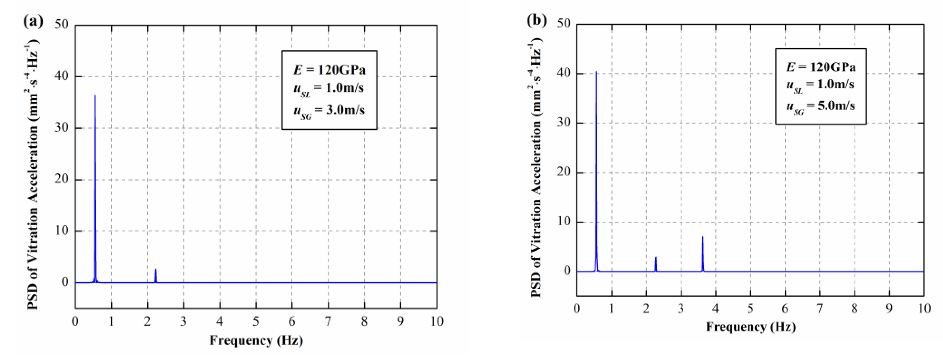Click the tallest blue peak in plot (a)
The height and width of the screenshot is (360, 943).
coord(95,96)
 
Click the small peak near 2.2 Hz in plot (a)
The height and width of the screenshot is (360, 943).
coord(156,270)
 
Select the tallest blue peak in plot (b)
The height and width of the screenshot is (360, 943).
coord(596,72)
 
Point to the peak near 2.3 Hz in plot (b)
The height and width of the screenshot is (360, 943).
coord(656,258)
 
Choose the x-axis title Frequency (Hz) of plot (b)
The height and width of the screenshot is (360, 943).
coord(750,326)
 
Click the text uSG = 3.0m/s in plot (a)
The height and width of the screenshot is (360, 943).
coord(329,111)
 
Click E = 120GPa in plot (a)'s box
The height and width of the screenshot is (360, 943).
coord(329,69)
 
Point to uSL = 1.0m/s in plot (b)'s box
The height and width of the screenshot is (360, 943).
coord(820,85)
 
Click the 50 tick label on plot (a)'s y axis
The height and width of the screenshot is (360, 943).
coord(62,24)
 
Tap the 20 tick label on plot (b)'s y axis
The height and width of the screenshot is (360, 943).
coord(564,172)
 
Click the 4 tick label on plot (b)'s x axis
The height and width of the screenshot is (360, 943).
coord(715,308)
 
